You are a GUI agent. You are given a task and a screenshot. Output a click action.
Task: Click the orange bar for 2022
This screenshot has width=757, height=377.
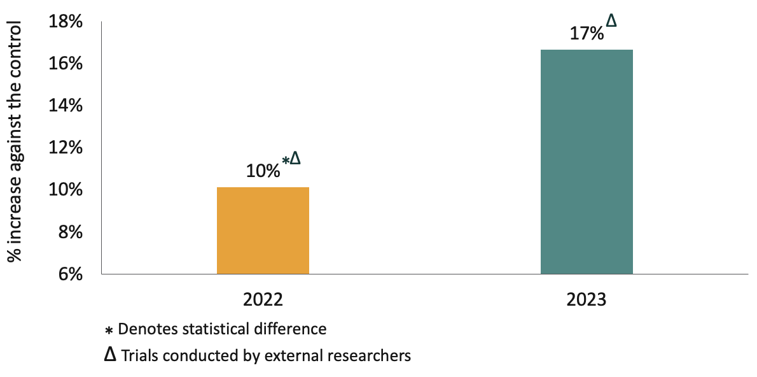pos(263,231)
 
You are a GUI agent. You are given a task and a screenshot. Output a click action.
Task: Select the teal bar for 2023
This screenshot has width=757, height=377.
pos(587,162)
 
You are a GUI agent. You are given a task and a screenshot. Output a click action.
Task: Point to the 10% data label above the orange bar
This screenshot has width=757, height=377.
pos(263,171)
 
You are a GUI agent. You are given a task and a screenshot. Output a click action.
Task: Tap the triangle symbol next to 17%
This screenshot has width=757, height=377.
pos(611,22)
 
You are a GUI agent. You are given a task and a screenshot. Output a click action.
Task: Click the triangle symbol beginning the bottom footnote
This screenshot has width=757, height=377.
pos(111,355)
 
